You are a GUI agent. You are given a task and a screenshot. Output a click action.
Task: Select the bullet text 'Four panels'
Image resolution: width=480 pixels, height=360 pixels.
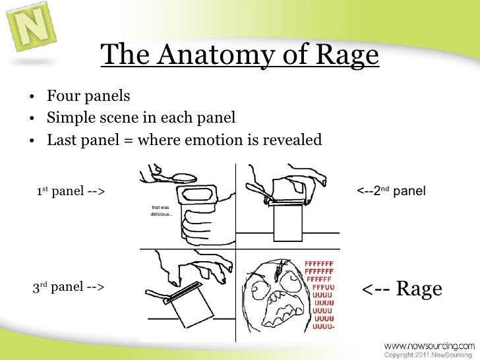88,97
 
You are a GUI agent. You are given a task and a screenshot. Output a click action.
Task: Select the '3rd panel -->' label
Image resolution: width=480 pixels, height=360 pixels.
68,287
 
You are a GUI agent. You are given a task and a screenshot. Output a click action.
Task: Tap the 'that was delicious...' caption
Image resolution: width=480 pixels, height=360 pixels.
162,210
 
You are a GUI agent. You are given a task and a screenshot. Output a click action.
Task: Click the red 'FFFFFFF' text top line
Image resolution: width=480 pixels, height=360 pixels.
321,264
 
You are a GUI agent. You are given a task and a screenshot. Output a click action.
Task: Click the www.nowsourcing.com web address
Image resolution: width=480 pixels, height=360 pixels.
429,345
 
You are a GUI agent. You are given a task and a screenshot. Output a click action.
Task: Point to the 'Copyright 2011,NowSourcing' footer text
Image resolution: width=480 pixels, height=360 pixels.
429,355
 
